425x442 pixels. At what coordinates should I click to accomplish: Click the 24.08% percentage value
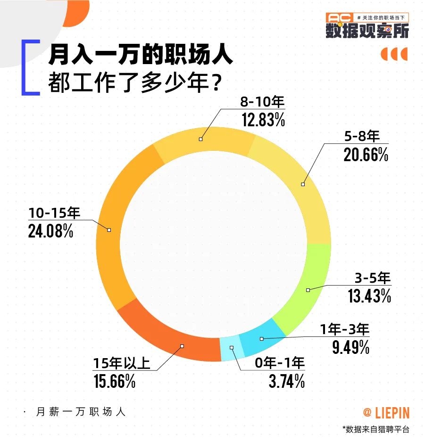pos(50,232)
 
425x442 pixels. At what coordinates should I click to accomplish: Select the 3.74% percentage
pos(286,381)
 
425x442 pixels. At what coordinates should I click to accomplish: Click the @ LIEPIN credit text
pos(386,413)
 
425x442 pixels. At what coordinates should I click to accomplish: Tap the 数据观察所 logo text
pos(367,30)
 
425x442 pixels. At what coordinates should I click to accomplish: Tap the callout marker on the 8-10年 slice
pos(201,139)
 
